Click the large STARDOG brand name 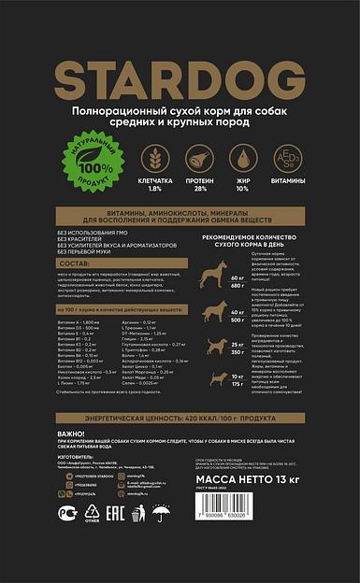180,77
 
